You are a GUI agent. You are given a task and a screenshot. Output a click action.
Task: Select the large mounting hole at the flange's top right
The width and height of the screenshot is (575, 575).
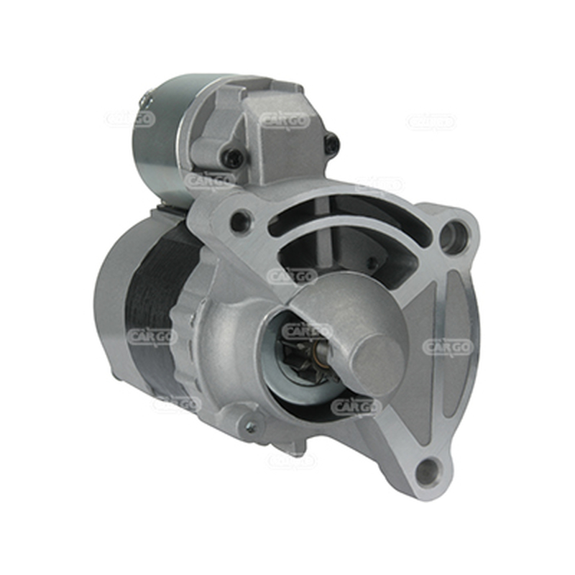(x=454, y=235)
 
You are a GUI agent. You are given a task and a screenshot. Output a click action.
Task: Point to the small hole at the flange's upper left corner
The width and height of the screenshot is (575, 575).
(x=240, y=220)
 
